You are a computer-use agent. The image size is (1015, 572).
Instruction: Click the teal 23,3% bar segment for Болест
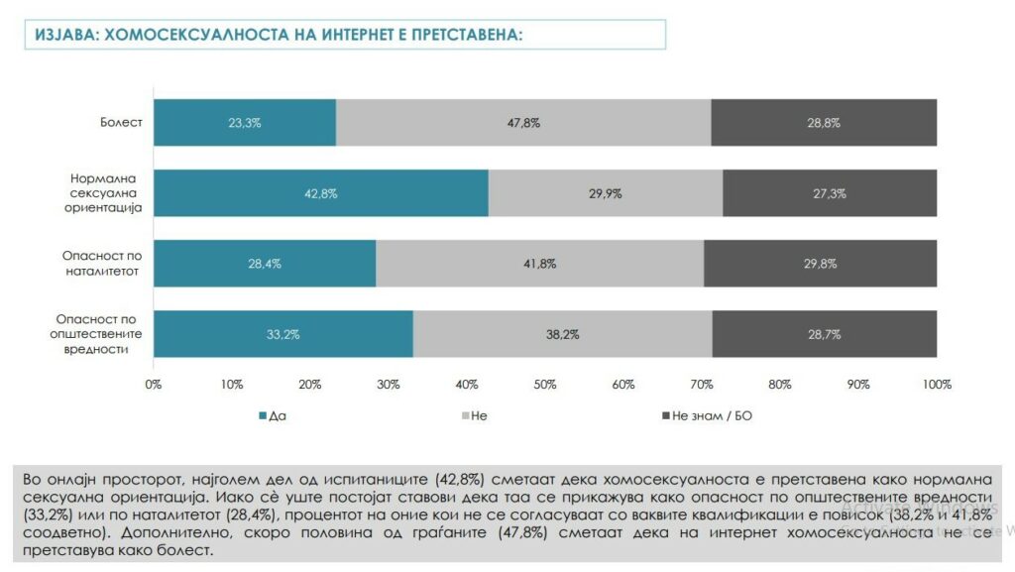click(x=245, y=123)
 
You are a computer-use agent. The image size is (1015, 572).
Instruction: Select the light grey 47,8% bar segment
click(x=523, y=123)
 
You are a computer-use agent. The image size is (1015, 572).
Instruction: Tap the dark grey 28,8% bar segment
click(x=824, y=123)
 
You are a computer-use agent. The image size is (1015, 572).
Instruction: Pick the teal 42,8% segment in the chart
click(x=320, y=193)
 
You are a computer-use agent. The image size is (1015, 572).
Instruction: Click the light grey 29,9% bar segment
click(x=605, y=193)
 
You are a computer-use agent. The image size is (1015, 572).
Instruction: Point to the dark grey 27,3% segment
click(x=830, y=193)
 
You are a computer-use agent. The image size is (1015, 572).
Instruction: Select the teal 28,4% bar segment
click(x=265, y=264)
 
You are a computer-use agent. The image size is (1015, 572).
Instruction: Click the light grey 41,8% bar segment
click(x=539, y=264)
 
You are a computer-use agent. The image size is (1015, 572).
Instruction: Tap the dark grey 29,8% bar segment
click(x=820, y=264)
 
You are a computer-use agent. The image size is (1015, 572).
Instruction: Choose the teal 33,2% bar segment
click(x=282, y=334)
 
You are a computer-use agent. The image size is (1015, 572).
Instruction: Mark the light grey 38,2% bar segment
click(x=562, y=334)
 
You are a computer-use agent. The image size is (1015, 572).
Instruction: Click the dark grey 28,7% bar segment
click(x=824, y=334)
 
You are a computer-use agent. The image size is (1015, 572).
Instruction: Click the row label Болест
click(x=121, y=123)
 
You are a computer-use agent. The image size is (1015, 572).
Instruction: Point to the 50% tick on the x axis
click(x=544, y=385)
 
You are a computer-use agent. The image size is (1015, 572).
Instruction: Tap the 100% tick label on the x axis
click(x=936, y=385)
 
